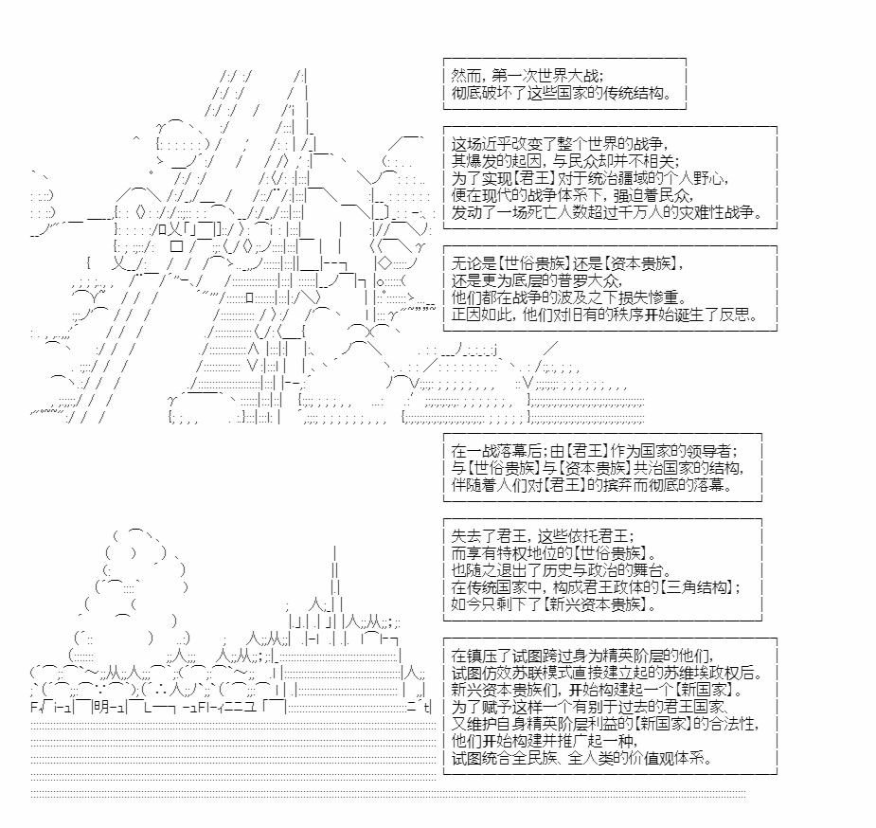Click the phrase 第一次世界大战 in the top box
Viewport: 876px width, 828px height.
547,75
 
